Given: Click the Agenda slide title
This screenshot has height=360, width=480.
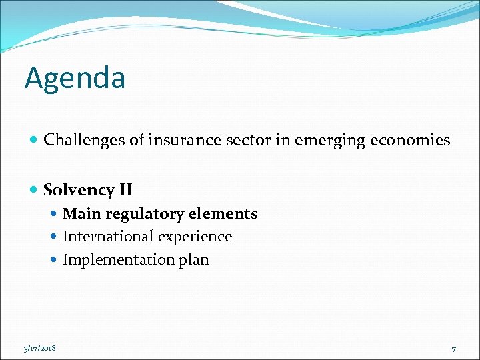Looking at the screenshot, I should [x=75, y=79].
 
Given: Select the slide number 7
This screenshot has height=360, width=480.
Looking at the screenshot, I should [x=453, y=349].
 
